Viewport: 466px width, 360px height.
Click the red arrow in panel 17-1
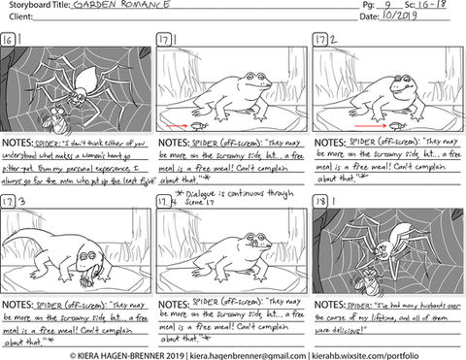pos(176,124)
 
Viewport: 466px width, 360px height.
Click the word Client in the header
pos(21,18)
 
